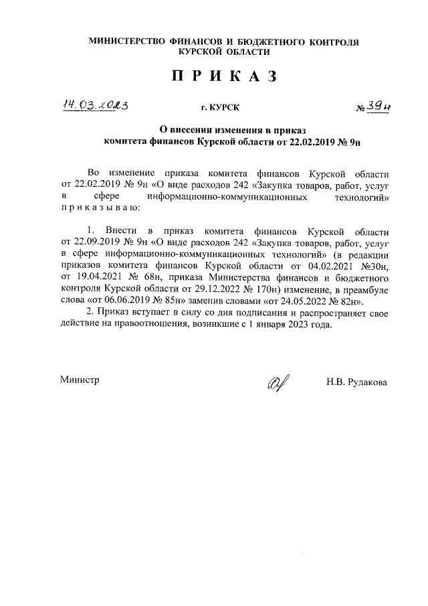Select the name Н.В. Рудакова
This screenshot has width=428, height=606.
356,382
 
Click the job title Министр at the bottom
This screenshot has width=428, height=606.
80,380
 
